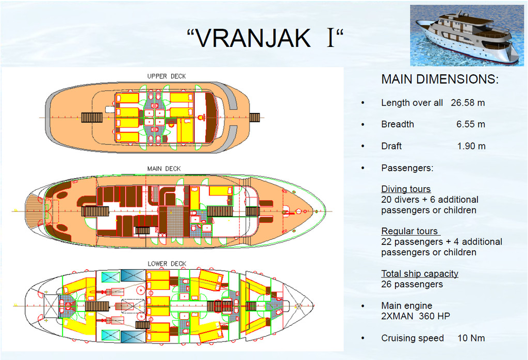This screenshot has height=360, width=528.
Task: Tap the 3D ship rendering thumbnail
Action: [x=467, y=36]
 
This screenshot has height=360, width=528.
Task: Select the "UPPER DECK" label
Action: [x=167, y=76]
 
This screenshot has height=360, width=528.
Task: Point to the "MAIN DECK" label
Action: [x=164, y=168]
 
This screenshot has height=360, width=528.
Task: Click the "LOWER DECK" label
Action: [x=167, y=264]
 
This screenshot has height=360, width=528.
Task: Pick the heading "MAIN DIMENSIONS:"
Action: [x=440, y=79]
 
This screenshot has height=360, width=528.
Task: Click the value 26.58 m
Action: [x=468, y=103]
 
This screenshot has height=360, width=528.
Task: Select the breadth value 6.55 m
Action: [x=471, y=124]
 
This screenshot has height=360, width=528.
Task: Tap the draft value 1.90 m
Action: [x=471, y=146]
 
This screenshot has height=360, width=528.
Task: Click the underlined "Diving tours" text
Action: [x=406, y=189]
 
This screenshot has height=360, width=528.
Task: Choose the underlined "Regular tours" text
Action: [x=409, y=231]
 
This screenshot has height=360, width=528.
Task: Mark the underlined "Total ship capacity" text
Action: [x=420, y=273]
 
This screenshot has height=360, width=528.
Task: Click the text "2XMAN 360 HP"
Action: [x=416, y=316]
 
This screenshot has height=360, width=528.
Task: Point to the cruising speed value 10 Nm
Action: [x=471, y=338]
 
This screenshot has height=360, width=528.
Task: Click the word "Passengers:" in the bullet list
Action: [x=407, y=168]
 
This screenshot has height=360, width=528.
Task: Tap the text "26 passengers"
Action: [x=412, y=284]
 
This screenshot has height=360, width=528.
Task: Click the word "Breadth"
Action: [x=398, y=124]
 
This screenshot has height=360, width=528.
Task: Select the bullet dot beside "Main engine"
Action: [x=362, y=306]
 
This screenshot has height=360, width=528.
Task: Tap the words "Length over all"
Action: [x=412, y=103]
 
